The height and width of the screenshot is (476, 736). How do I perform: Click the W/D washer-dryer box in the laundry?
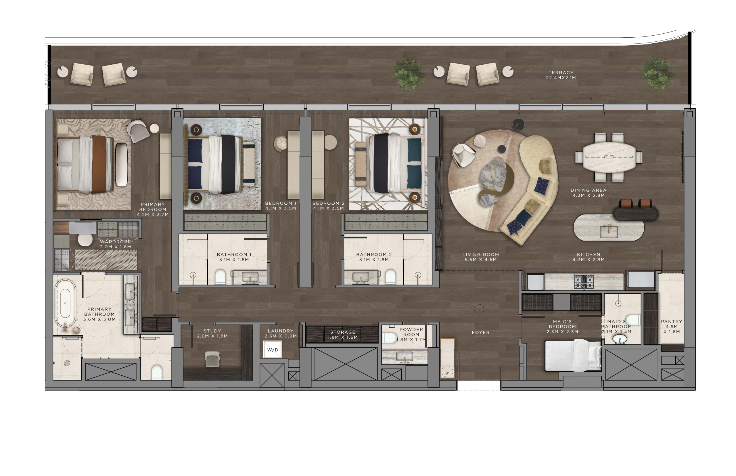(x=272, y=349)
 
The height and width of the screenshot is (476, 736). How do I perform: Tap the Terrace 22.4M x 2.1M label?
(x=560, y=75)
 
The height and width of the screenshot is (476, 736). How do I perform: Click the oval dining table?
(x=609, y=157)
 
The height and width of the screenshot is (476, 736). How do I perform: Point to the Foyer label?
(x=480, y=333)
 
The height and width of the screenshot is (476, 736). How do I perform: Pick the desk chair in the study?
(x=212, y=358)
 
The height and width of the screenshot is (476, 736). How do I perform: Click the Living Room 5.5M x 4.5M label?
(x=480, y=257)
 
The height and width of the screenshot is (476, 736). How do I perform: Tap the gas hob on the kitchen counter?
(x=584, y=282)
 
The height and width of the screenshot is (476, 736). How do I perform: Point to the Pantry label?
(x=671, y=327)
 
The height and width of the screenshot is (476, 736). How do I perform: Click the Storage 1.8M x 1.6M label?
(x=342, y=335)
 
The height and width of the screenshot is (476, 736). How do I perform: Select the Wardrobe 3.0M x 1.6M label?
(x=115, y=244)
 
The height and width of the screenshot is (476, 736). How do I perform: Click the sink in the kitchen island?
(x=609, y=231)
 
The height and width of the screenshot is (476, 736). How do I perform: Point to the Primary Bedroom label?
(x=153, y=209)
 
